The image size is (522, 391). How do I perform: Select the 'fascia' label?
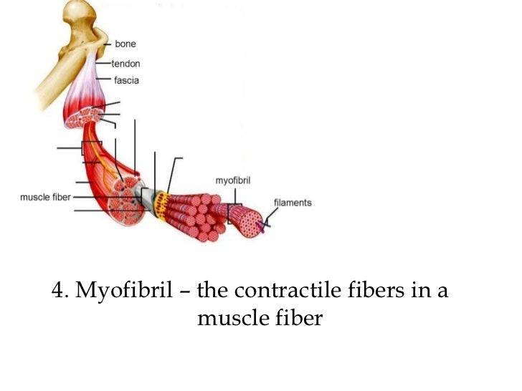click(x=126, y=80)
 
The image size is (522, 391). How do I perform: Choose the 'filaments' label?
click(x=293, y=203)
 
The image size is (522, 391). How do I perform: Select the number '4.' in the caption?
click(x=60, y=291)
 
